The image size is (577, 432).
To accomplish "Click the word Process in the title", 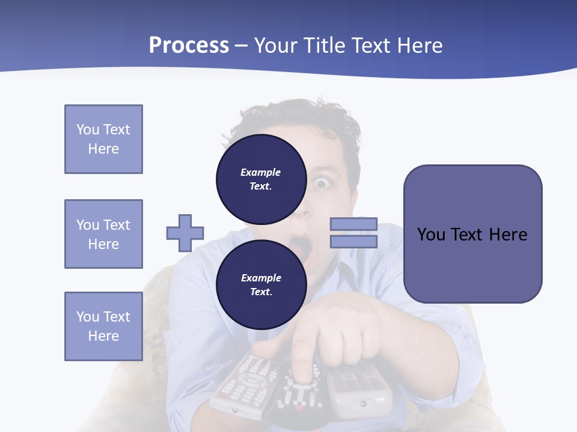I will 189,46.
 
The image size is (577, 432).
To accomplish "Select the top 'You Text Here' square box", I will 103,139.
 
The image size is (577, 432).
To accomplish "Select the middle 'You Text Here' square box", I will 103,234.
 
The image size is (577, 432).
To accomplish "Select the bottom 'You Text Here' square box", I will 103,326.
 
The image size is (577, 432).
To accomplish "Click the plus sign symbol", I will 185,233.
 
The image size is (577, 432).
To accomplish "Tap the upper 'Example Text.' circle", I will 261,179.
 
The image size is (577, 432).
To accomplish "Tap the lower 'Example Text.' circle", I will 261,284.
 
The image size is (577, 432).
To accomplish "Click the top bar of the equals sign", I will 353,224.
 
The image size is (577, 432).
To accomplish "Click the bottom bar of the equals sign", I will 353,241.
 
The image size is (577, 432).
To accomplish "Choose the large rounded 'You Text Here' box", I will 472,234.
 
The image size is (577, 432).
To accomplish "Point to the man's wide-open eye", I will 322,184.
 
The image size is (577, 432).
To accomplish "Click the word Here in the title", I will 418,46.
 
